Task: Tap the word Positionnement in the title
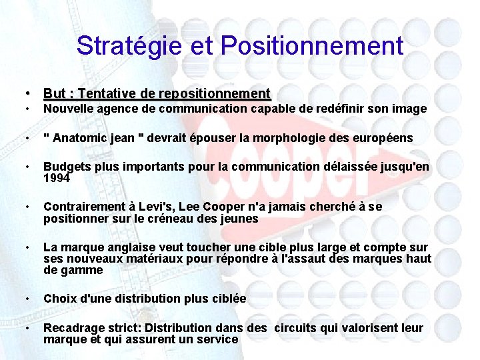tap(312, 46)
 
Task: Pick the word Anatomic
tap(81, 138)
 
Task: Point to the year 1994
tap(57, 178)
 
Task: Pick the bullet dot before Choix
tap(27, 299)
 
